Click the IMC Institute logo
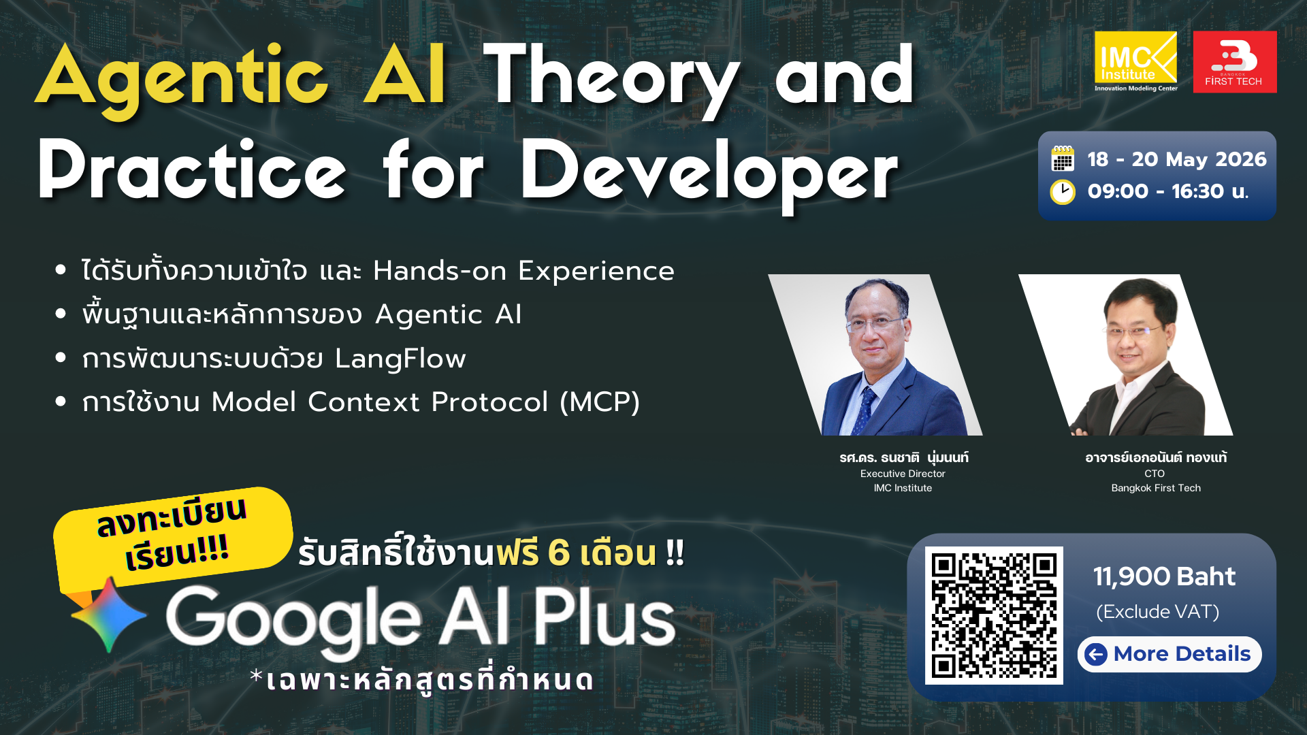pyautogui.click(x=1135, y=61)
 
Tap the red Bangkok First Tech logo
pyautogui.click(x=1234, y=61)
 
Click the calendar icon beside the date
pyautogui.click(x=1063, y=159)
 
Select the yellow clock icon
pyautogui.click(x=1063, y=192)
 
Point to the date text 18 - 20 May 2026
pyautogui.click(x=1176, y=159)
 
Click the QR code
pyautogui.click(x=994, y=615)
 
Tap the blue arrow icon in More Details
pyautogui.click(x=1096, y=655)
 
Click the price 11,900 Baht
pyautogui.click(x=1164, y=577)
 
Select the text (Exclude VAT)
pyautogui.click(x=1157, y=612)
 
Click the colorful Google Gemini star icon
pyautogui.click(x=109, y=615)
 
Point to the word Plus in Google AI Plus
pyautogui.click(x=603, y=618)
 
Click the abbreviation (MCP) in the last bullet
pyautogui.click(x=599, y=402)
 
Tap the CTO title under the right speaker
pyautogui.click(x=1155, y=474)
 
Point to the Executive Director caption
pyautogui.click(x=903, y=474)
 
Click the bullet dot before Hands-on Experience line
pyautogui.click(x=61, y=270)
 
